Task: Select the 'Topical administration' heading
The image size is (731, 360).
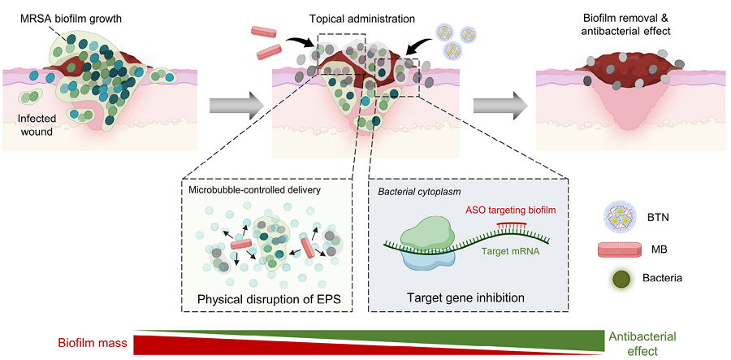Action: (x=361, y=20)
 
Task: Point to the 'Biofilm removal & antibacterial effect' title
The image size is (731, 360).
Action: (x=626, y=25)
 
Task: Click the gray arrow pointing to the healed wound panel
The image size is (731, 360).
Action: (x=500, y=106)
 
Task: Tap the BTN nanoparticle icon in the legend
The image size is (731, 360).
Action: (x=616, y=218)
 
